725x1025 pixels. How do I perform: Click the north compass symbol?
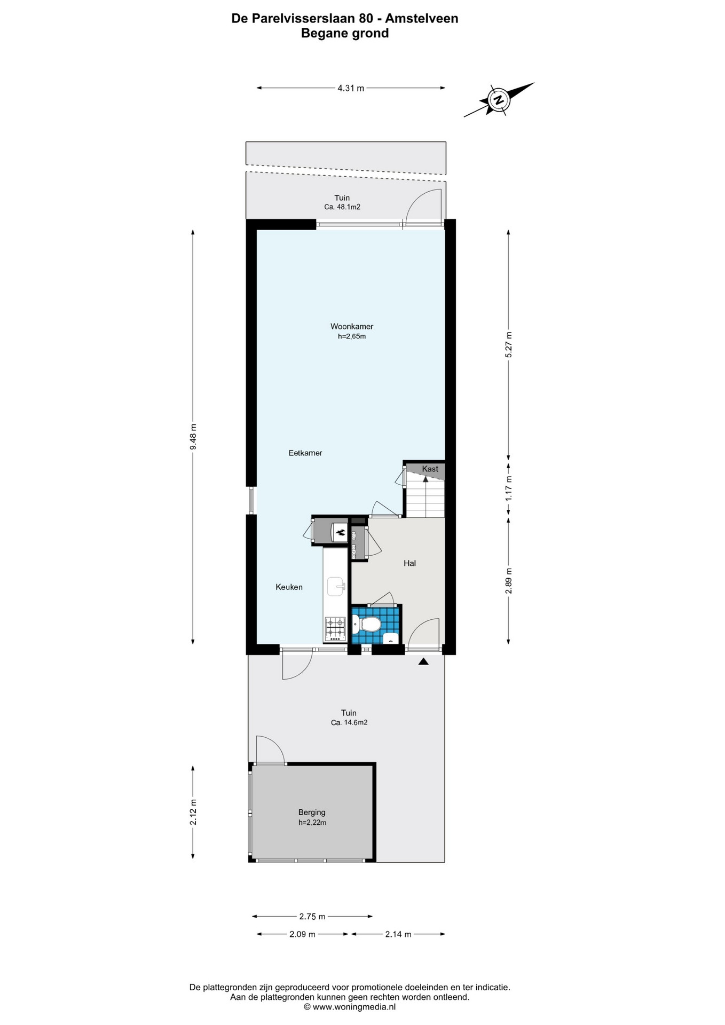pyautogui.click(x=499, y=100)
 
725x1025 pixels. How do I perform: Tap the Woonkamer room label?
pyautogui.click(x=352, y=327)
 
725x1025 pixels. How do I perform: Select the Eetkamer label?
pyautogui.click(x=305, y=453)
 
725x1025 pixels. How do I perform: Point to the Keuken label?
pyautogui.click(x=289, y=587)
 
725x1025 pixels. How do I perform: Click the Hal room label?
pyautogui.click(x=409, y=563)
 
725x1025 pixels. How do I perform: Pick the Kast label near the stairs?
pyautogui.click(x=430, y=469)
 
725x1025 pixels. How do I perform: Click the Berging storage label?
pyautogui.click(x=312, y=813)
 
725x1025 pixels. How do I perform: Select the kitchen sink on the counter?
pyautogui.click(x=336, y=586)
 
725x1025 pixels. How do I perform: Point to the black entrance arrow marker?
pyautogui.click(x=423, y=662)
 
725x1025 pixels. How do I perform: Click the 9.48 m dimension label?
pyautogui.click(x=193, y=437)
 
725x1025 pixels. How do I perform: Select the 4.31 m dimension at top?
pyautogui.click(x=351, y=89)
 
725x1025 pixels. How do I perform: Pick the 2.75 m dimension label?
pyautogui.click(x=312, y=917)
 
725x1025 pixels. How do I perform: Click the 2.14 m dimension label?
pyautogui.click(x=398, y=934)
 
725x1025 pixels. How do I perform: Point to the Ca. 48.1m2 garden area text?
pyautogui.click(x=342, y=207)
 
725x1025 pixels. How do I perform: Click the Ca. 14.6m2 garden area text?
pyautogui.click(x=349, y=723)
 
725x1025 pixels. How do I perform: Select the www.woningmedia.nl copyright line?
pyautogui.click(x=350, y=1007)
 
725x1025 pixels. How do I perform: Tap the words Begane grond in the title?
pyautogui.click(x=345, y=33)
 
